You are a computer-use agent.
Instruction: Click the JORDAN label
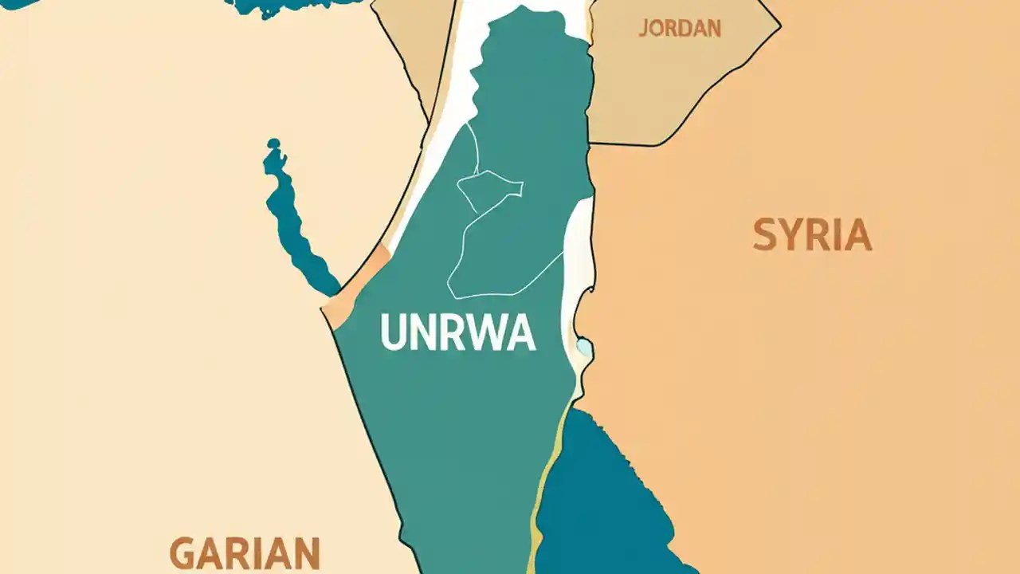(x=680, y=29)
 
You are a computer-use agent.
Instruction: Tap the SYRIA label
(x=812, y=236)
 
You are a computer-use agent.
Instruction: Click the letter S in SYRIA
(x=764, y=236)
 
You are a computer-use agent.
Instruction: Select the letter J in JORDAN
(x=642, y=29)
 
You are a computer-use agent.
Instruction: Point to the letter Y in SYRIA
(x=791, y=236)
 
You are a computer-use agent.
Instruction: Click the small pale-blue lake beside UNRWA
(x=584, y=347)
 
